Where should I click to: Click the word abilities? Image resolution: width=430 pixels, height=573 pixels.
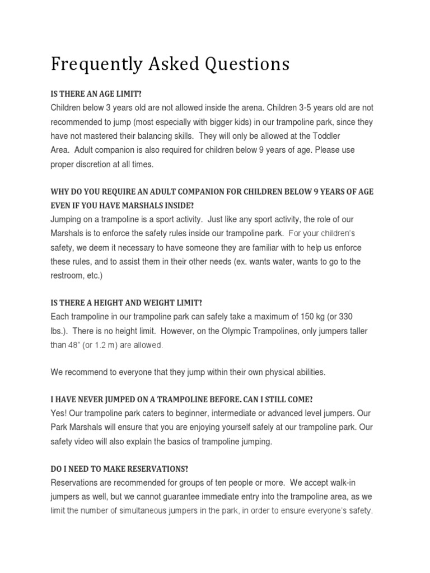click(309, 372)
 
